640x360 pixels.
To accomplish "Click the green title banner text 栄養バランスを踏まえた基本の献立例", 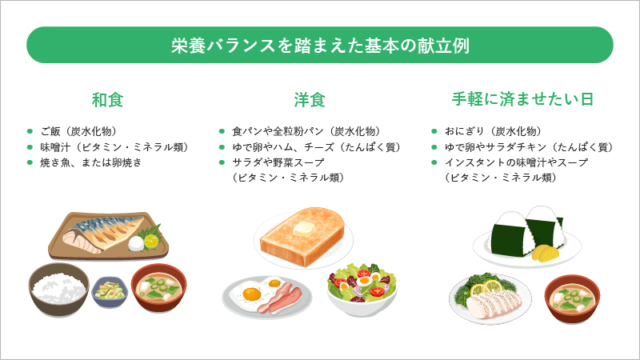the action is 320,46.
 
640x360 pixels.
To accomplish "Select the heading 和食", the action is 107,100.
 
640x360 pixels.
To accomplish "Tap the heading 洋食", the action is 310,100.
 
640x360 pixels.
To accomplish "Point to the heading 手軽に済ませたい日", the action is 522,99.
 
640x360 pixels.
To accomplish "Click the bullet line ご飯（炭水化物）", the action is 78,131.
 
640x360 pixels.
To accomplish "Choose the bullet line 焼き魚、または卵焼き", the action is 90,162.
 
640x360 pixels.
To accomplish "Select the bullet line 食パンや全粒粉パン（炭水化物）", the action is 306,131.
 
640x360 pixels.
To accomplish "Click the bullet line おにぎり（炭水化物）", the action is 493,131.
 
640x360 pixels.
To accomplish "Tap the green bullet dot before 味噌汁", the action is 30,147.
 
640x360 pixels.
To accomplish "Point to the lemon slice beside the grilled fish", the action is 151,241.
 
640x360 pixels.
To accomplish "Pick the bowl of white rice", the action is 58,289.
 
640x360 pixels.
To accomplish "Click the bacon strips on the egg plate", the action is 281,298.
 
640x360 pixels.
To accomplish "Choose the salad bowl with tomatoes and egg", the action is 362,289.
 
